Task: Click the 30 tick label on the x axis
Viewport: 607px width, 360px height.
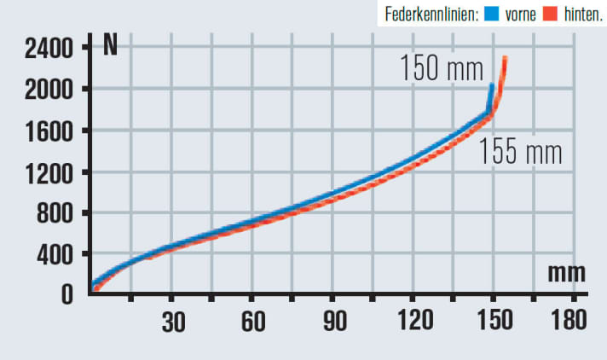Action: coord(172,322)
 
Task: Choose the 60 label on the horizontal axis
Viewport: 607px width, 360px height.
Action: coord(252,322)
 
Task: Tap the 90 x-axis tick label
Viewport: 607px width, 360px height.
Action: coord(333,322)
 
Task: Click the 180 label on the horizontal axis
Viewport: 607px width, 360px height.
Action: coord(570,322)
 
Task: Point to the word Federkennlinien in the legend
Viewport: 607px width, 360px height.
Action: coord(434,15)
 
